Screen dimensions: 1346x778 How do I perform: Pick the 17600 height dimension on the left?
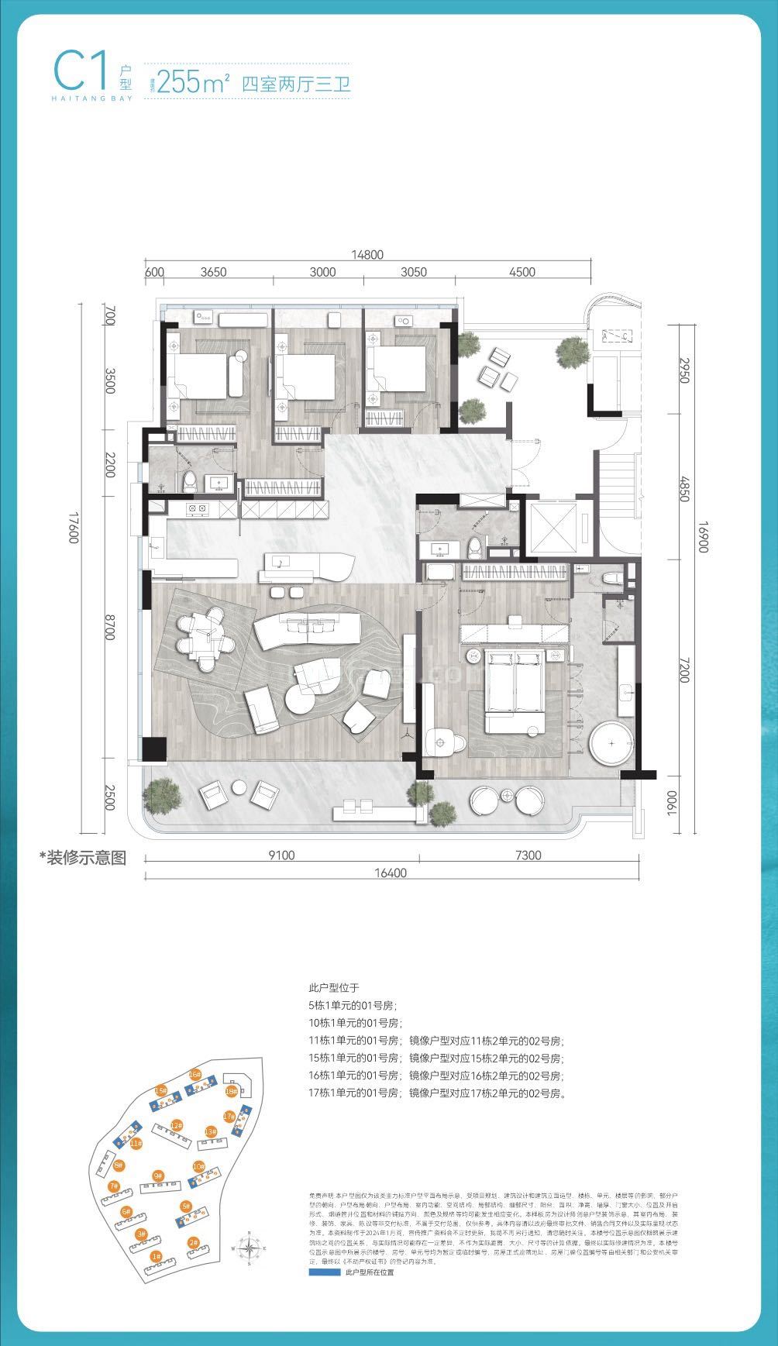point(74,527)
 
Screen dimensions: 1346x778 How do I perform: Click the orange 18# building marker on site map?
point(230,1091)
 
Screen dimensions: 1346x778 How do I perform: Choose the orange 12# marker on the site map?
point(177,1125)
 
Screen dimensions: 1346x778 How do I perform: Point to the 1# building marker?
point(156,1255)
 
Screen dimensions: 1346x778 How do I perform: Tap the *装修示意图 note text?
point(83,858)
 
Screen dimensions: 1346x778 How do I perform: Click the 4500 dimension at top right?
point(523,271)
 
